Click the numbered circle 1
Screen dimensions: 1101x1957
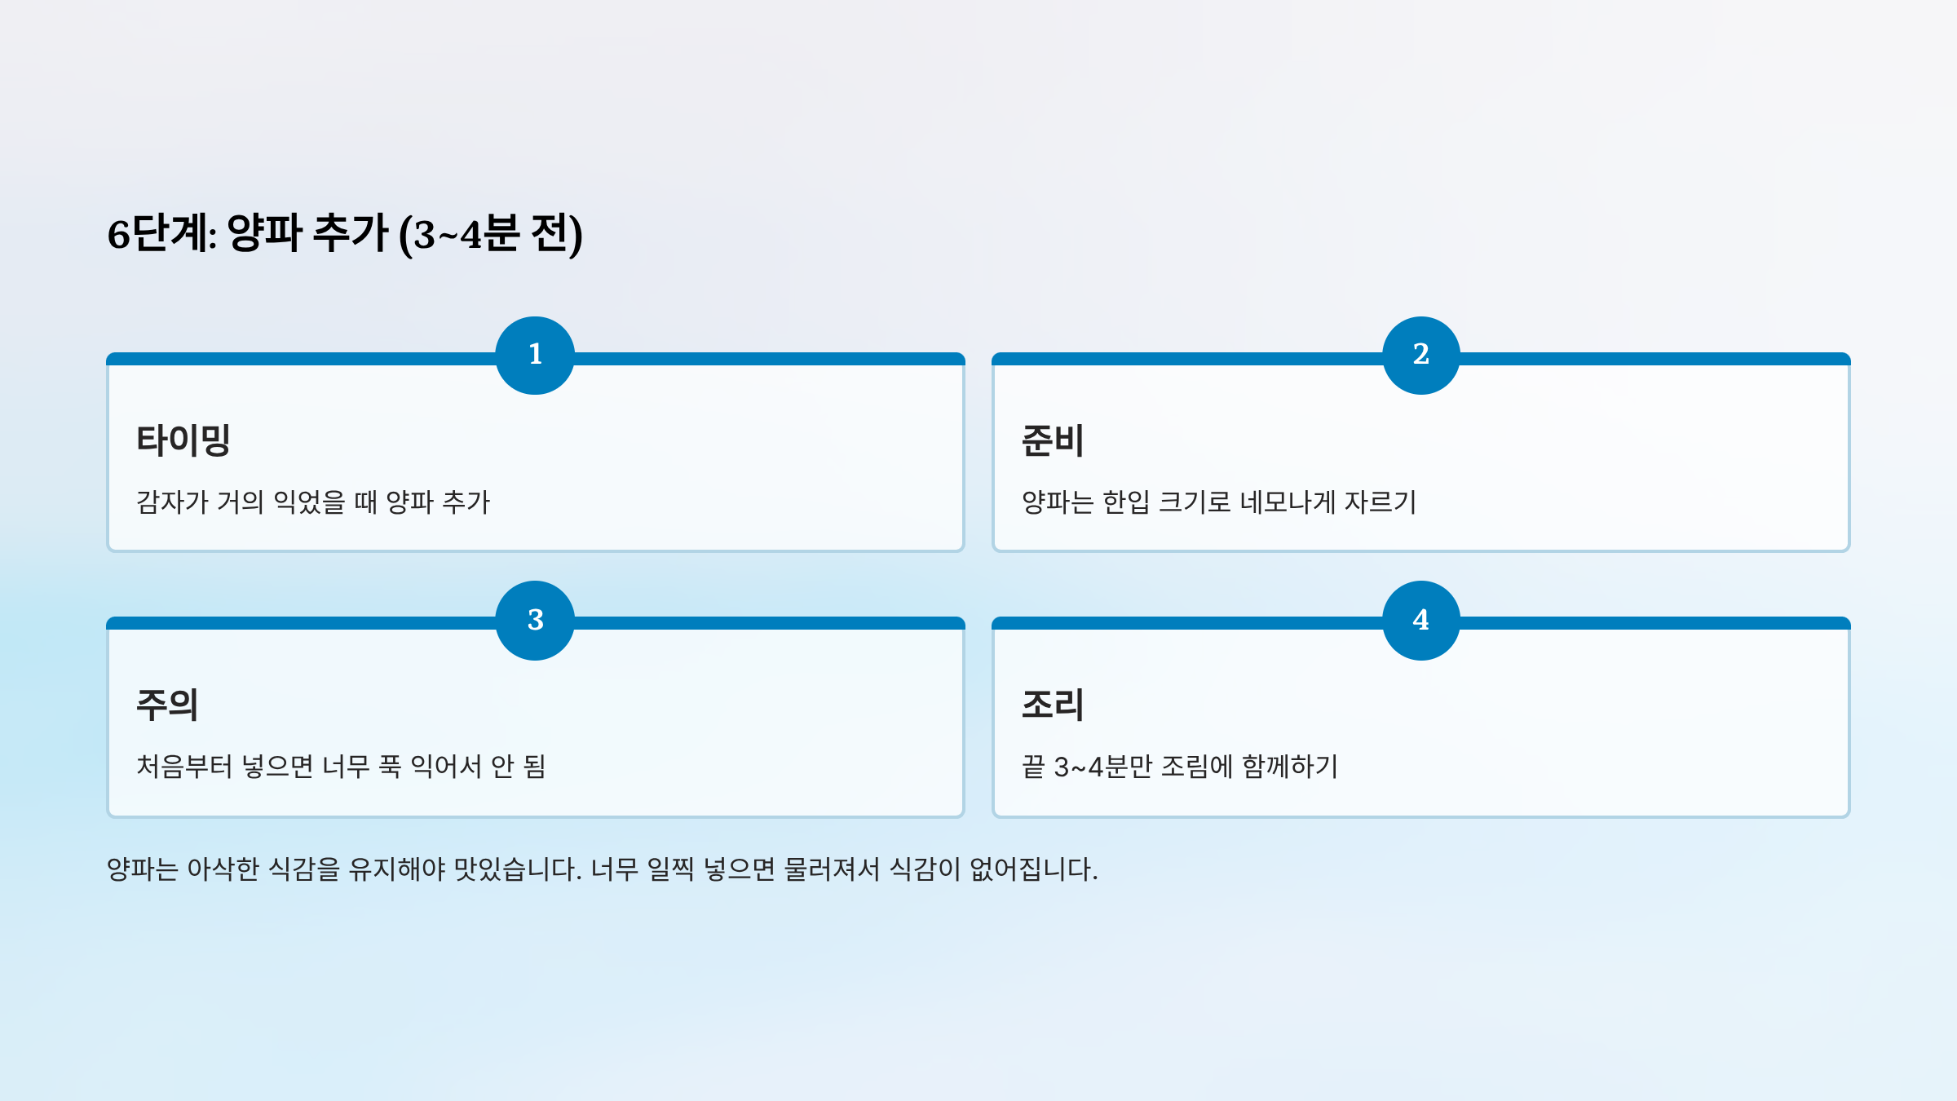pyautogui.click(x=535, y=355)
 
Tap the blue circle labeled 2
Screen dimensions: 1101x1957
pyautogui.click(x=1420, y=355)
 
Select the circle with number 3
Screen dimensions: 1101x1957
pyautogui.click(x=535, y=620)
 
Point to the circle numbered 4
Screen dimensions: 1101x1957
pyautogui.click(x=1420, y=620)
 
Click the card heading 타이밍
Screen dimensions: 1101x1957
pyautogui.click(x=183, y=440)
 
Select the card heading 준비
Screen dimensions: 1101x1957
pyautogui.click(x=1053, y=440)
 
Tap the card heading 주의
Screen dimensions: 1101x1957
pyautogui.click(x=167, y=705)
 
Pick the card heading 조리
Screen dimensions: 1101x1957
pyautogui.click(x=1053, y=705)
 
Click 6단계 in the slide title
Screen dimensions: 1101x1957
pyautogui.click(x=161, y=234)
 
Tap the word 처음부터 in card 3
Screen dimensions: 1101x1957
pyautogui.click(x=184, y=767)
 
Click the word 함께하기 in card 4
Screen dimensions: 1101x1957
pyautogui.click(x=1290, y=767)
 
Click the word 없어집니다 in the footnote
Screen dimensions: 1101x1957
pyautogui.click(x=1032, y=869)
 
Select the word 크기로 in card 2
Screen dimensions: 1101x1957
pyautogui.click(x=1195, y=502)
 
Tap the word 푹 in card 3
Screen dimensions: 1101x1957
pyautogui.click(x=390, y=767)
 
